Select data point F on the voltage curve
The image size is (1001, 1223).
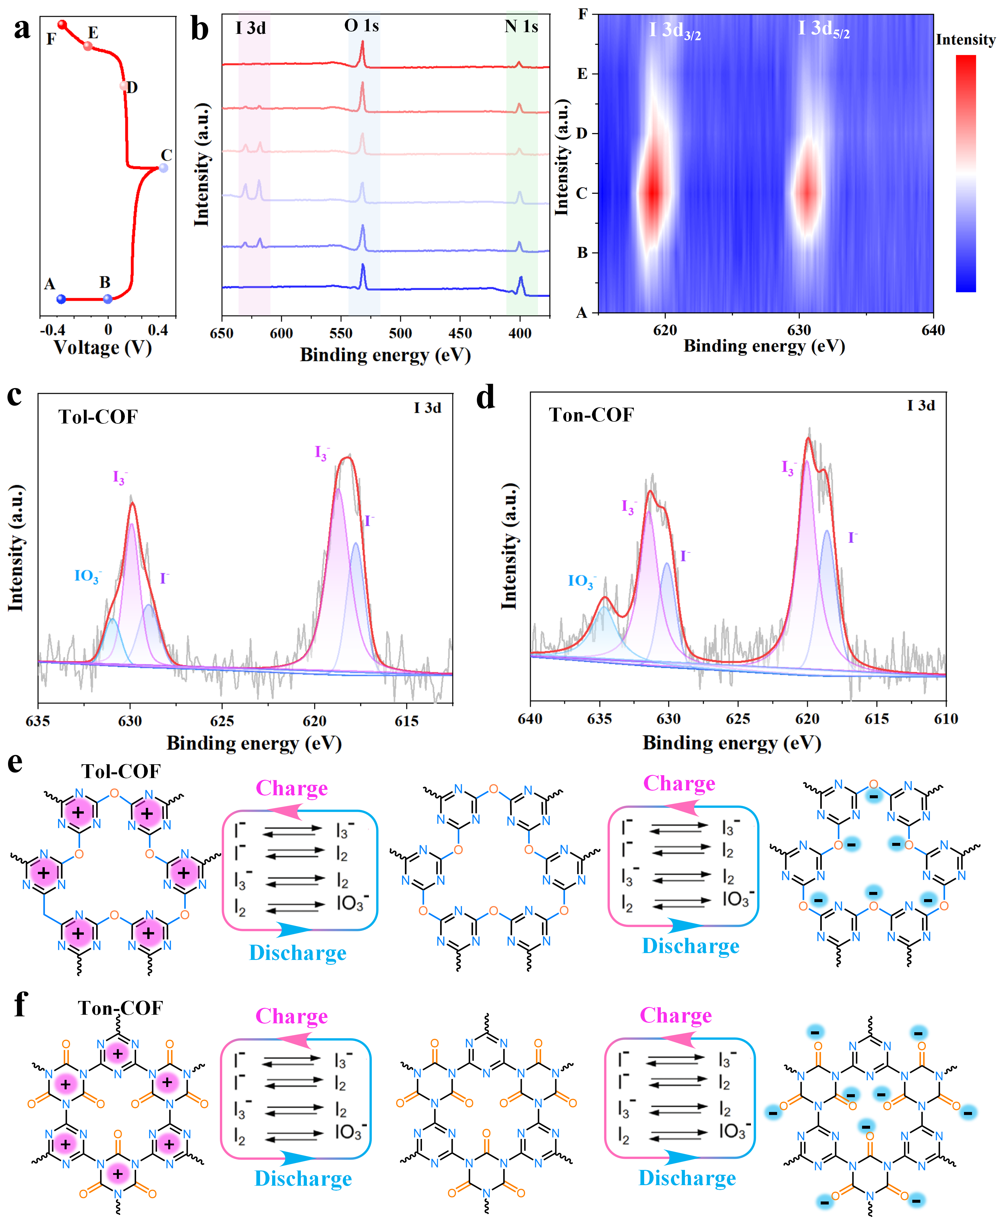[x=62, y=25]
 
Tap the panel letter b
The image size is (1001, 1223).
[x=200, y=29]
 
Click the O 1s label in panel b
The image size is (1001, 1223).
[x=361, y=26]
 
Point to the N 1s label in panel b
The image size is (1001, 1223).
[x=521, y=26]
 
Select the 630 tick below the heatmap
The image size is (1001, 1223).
[x=799, y=330]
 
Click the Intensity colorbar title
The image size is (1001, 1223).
[x=965, y=40]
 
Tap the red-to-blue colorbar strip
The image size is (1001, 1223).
[x=966, y=173]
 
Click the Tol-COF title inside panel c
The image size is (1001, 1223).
[x=98, y=417]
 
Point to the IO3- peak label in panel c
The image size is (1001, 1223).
[x=88, y=576]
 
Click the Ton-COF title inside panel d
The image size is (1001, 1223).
[x=592, y=415]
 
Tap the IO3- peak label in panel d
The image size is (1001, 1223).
[x=581, y=581]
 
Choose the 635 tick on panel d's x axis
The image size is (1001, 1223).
[x=600, y=719]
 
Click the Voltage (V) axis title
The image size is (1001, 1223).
[x=103, y=347]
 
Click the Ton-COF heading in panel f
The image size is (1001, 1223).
[x=121, y=1008]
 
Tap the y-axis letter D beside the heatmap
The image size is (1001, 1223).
[x=582, y=133]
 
